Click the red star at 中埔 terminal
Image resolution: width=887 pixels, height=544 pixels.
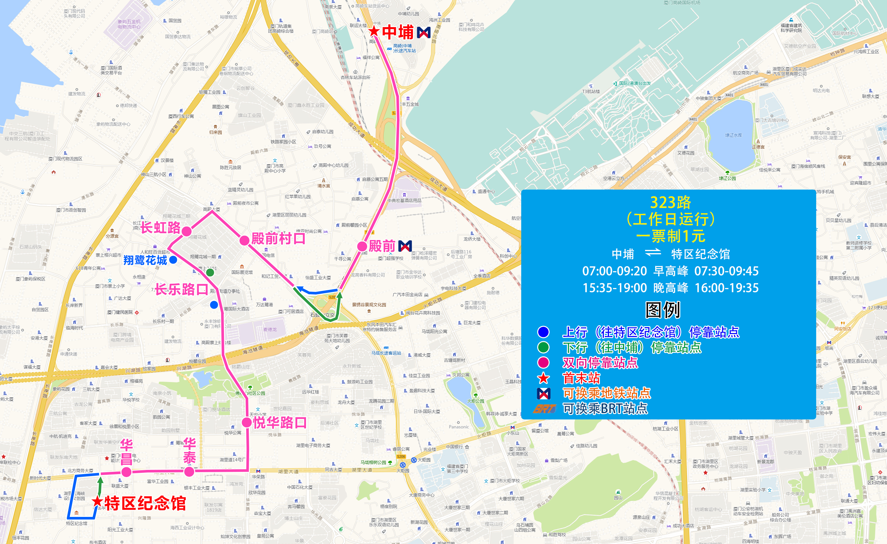coord(374,31)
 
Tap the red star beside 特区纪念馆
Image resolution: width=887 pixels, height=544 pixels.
coord(97,501)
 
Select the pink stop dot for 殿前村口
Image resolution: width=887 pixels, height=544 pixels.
coord(245,240)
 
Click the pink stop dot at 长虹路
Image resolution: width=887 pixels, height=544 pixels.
coord(187,231)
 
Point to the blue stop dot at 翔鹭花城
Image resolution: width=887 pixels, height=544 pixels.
coord(173,260)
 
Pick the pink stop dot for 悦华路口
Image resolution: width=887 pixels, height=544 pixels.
coord(247,423)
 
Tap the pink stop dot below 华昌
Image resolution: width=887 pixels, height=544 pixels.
coord(127,472)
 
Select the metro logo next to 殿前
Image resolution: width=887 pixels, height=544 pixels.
coord(405,247)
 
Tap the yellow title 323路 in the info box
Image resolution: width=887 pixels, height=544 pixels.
coord(670,202)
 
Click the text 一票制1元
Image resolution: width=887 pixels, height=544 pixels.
coord(670,236)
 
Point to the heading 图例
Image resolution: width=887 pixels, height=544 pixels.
coord(663,310)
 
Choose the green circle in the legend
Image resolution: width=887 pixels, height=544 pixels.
coord(543,347)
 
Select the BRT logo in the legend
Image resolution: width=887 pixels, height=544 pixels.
coord(544,409)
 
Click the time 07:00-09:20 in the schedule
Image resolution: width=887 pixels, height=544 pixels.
coord(614,271)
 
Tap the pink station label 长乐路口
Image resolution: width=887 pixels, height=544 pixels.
coord(181,289)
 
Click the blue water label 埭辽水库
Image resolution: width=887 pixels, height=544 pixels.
coord(733,135)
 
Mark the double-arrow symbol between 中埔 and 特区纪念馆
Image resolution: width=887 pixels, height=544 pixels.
coord(653,253)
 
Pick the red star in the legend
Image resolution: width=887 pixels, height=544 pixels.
coord(543,378)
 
